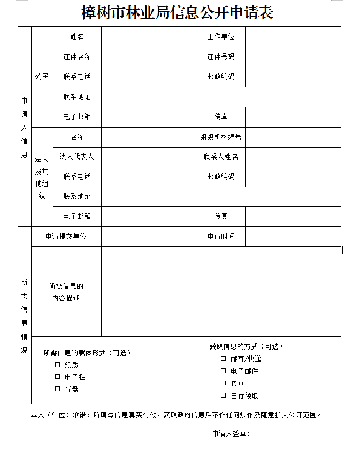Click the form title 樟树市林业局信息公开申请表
tap(177, 12)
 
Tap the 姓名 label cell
tap(77, 36)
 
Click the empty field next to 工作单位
tap(293, 36)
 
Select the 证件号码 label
tap(221, 57)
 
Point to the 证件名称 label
tap(77, 57)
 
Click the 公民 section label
tap(42, 76)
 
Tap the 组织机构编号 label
tap(221, 137)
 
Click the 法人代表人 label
tap(77, 157)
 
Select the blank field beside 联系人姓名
tap(293, 157)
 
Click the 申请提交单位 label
tap(66, 236)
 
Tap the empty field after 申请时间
tap(293, 236)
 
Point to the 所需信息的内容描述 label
tap(66, 292)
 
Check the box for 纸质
tap(57, 365)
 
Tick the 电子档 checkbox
tap(57, 377)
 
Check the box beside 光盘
tap(57, 389)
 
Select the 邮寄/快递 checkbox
tap(223, 359)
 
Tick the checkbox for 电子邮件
tap(223, 371)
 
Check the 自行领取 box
tap(223, 396)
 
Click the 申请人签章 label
tap(231, 433)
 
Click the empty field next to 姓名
tap(149, 36)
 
